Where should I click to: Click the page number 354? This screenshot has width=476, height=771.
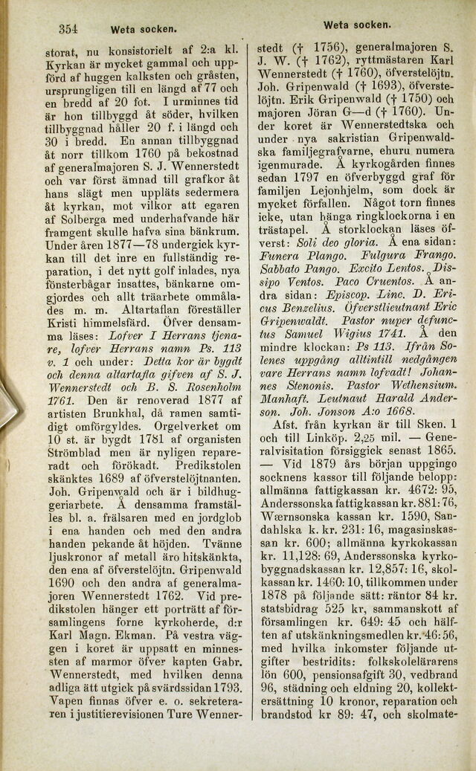pos(68,30)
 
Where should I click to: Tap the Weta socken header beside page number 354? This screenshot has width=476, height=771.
pos(143,31)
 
